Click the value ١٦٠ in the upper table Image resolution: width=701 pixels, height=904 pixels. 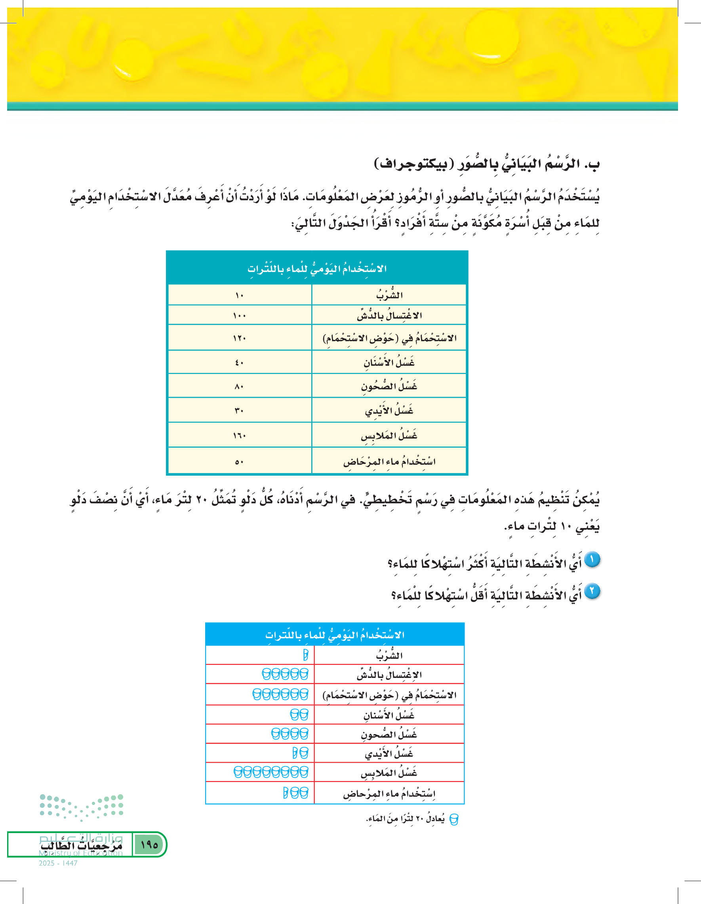239,435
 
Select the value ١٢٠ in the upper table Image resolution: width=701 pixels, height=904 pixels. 239,338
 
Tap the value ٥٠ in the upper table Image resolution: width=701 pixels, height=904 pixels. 239,462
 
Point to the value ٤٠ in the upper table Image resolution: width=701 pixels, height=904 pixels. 239,362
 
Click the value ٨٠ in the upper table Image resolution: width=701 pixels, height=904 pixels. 239,387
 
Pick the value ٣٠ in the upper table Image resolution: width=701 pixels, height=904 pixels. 239,411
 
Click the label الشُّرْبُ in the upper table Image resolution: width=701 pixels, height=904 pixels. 389,295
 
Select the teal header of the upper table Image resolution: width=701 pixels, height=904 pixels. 317,268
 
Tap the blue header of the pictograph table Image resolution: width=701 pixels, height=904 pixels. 335,635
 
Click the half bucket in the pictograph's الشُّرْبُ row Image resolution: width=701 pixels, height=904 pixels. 306,655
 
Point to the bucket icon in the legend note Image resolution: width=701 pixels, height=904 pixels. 454,819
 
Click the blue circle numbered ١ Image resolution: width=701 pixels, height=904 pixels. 592,560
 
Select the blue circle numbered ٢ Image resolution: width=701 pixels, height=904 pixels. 592,591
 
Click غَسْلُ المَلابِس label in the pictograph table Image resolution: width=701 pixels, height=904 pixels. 389,772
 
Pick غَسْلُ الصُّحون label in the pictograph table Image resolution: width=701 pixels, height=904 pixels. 389,734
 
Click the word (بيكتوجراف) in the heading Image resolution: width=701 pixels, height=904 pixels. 410,164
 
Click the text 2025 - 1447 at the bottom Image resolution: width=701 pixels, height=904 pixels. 58,863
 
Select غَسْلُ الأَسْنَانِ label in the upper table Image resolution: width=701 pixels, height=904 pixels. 389,362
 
